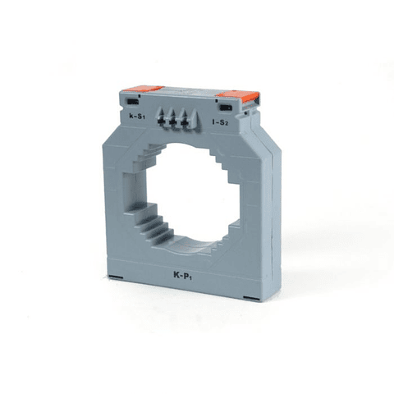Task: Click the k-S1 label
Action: pos(137,117)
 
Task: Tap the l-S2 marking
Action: pos(220,122)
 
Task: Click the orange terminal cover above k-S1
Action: pos(144,89)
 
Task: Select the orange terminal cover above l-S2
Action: pos(239,96)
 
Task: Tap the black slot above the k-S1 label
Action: pos(133,102)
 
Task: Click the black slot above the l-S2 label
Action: pos(226,108)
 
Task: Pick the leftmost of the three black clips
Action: pos(159,119)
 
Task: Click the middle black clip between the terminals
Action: pos(172,121)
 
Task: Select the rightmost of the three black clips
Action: pos(184,124)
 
